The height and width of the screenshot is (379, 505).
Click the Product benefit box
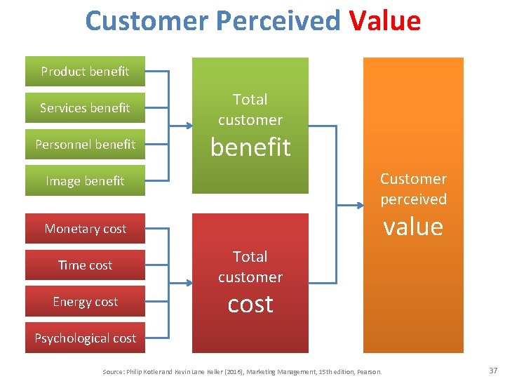point(85,71)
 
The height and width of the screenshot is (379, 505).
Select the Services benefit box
point(85,107)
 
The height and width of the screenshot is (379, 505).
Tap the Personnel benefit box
point(85,144)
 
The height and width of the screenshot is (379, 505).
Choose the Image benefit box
point(85,180)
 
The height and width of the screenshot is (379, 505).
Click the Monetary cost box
point(85,228)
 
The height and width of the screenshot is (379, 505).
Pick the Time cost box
point(85,265)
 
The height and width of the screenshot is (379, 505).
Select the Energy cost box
point(85,301)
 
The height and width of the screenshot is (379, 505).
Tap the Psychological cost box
point(85,338)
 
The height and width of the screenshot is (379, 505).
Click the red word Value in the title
point(384,21)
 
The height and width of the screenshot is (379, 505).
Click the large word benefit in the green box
point(250,147)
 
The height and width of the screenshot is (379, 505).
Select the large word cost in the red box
point(250,304)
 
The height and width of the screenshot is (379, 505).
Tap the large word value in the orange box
point(413,226)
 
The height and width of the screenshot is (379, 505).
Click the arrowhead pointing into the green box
point(189,126)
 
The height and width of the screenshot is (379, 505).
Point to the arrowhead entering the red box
point(189,284)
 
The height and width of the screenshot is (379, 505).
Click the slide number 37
point(492,370)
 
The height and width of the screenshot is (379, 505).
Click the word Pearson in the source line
point(369,371)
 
